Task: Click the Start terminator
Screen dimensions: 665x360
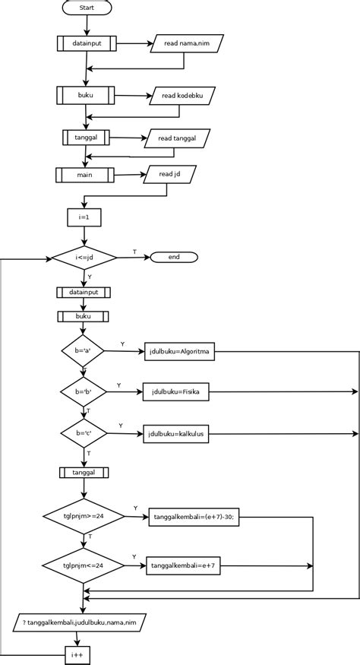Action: (x=86, y=8)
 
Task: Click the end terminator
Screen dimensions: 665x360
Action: (x=174, y=257)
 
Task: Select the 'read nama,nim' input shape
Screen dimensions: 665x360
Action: (x=186, y=43)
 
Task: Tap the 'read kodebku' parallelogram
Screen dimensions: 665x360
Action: (x=182, y=96)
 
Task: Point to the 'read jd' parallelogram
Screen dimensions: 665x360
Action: (x=169, y=174)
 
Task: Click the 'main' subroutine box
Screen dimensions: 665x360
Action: (x=84, y=175)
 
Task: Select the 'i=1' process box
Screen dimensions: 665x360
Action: (x=84, y=217)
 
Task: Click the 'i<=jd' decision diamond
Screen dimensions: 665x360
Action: (x=84, y=258)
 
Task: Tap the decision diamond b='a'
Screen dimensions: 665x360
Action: (x=82, y=350)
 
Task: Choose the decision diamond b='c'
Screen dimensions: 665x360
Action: (x=82, y=433)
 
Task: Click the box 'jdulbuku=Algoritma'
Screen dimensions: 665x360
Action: (x=181, y=352)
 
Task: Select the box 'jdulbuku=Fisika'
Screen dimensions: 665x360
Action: (x=175, y=392)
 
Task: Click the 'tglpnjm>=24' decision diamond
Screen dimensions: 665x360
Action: (x=84, y=515)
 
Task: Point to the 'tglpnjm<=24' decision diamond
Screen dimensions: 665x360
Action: (x=84, y=565)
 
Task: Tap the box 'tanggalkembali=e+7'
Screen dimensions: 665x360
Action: (x=183, y=565)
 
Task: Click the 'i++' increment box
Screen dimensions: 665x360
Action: (x=77, y=654)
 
